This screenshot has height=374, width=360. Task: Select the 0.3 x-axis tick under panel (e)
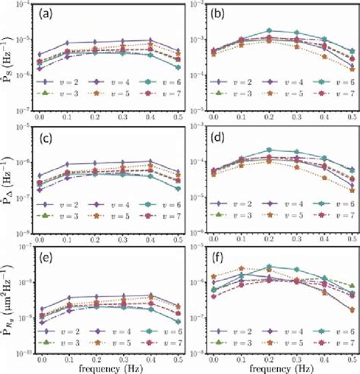coord(125,353)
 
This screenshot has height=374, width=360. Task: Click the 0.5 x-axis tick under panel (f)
coord(352,353)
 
